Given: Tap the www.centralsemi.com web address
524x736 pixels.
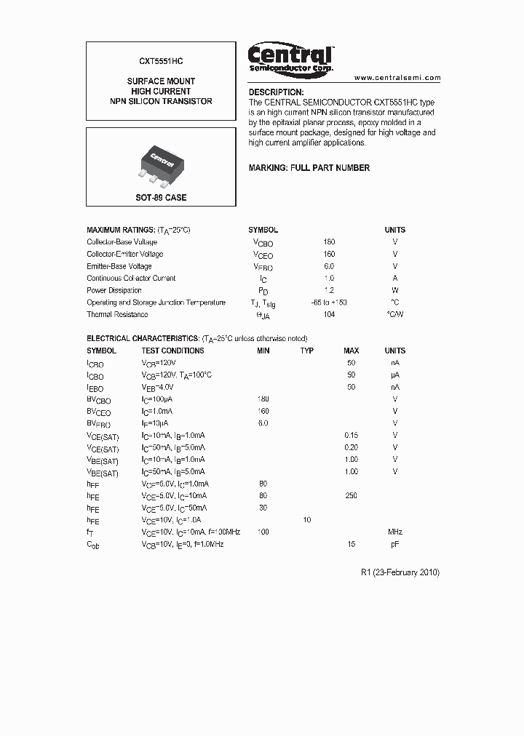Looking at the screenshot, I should pyautogui.click(x=397, y=77).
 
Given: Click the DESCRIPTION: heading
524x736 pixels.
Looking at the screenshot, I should pyautogui.click(x=276, y=92).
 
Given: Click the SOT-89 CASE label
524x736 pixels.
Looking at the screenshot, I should pyautogui.click(x=161, y=197).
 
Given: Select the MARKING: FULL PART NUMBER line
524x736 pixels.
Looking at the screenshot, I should pyautogui.click(x=309, y=168).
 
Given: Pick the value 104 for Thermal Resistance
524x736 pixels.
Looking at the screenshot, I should pyautogui.click(x=329, y=315).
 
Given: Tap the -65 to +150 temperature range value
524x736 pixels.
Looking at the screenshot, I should pyautogui.click(x=329, y=303).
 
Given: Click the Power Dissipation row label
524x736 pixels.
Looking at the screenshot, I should pyautogui.click(x=114, y=290).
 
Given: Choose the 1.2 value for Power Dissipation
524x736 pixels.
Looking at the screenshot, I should pyautogui.click(x=329, y=290).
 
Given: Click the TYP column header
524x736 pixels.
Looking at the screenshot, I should pyautogui.click(x=307, y=351).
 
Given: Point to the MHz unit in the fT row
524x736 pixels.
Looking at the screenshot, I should pyautogui.click(x=395, y=532).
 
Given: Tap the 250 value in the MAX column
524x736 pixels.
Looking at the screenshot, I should pyautogui.click(x=351, y=496).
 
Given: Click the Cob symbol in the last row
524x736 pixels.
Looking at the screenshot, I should pyautogui.click(x=93, y=545).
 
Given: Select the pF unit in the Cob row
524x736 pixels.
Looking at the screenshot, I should pyautogui.click(x=395, y=544).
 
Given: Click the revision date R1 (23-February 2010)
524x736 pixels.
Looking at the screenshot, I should pyautogui.click(x=400, y=572).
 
